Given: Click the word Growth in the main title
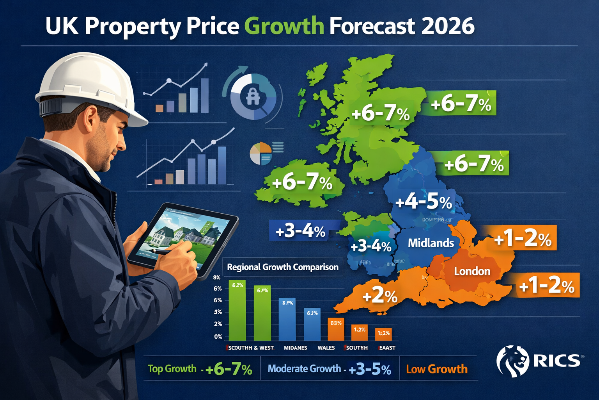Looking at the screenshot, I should point(284,26).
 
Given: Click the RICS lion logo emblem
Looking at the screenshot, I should point(512,361).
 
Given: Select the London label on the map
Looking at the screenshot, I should point(472,271).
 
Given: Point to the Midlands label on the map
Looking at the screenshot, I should point(431,243).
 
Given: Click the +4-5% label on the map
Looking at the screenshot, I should point(424,202).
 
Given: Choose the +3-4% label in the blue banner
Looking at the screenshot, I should point(300,231).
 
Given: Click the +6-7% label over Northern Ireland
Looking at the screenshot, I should point(302,183).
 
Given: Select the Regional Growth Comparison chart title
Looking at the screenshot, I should point(282,267).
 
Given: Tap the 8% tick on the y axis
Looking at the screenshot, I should point(217,277).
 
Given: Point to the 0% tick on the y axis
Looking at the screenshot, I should point(218,336).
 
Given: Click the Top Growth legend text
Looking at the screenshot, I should point(172,369).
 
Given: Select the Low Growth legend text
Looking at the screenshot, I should point(436,369).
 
